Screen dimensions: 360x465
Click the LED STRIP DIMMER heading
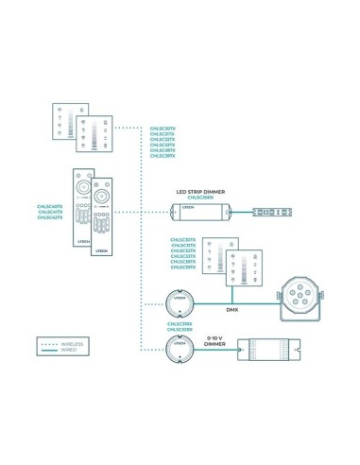(x=199, y=192)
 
